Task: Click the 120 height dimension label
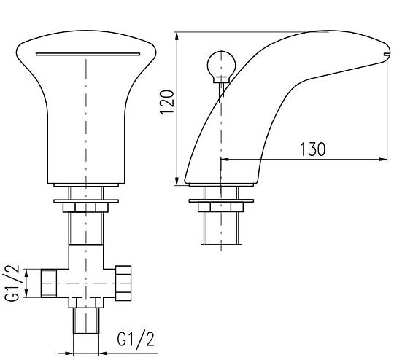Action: [167, 102]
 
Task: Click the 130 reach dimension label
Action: [313, 149]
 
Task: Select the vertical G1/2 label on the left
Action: [12, 283]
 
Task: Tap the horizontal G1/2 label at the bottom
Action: [136, 340]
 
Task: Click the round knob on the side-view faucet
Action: [221, 66]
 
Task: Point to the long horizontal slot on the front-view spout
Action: [88, 54]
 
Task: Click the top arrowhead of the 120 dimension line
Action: [177, 36]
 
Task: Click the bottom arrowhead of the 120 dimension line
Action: [177, 181]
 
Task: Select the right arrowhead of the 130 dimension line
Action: [383, 159]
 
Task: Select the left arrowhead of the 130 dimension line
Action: [225, 159]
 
